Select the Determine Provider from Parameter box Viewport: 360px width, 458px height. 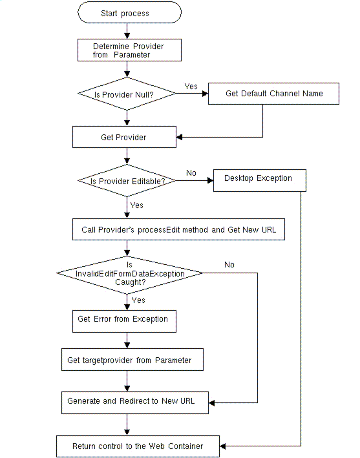click(129, 50)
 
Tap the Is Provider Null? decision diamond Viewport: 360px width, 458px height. click(127, 94)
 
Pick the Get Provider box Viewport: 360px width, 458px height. click(124, 137)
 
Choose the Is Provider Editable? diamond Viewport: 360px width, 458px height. click(127, 181)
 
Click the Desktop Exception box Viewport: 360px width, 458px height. click(259, 179)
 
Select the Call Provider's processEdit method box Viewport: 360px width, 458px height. click(178, 230)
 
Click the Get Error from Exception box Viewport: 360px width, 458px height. click(123, 319)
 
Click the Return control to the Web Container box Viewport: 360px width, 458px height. click(138, 446)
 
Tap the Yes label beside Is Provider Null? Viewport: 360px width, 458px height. click(191, 86)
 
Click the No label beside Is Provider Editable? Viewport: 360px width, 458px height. click(191, 173)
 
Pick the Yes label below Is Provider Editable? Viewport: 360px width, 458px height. click(137, 205)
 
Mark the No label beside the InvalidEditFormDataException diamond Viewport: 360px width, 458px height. click(229, 264)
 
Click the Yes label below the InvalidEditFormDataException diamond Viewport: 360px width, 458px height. click(138, 300)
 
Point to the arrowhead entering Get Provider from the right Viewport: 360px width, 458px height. click(180, 137)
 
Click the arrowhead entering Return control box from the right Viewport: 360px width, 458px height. click(225, 446)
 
